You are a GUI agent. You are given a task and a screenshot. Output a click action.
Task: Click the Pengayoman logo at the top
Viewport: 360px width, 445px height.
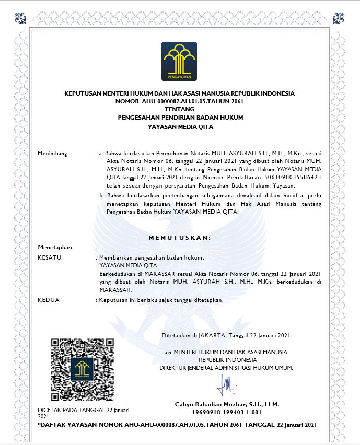click(x=179, y=62)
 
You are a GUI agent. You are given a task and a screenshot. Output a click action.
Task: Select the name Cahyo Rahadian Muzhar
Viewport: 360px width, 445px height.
click(x=227, y=404)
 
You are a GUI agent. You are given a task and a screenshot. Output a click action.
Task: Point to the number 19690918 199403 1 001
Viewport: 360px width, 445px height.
click(x=227, y=412)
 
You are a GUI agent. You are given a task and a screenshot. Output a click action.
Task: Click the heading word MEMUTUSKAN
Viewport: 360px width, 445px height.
click(x=179, y=238)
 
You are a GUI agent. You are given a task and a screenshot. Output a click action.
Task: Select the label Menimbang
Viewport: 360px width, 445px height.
click(x=53, y=153)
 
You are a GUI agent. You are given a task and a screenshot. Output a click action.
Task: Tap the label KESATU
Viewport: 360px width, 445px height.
click(x=50, y=257)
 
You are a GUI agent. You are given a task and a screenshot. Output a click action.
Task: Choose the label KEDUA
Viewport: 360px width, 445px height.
click(x=49, y=300)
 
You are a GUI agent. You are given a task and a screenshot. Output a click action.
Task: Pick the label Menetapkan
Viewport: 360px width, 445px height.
click(x=55, y=247)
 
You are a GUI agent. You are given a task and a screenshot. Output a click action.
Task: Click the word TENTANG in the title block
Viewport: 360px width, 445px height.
click(x=179, y=109)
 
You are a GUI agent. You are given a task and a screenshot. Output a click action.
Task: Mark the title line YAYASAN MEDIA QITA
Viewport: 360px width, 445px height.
click(x=180, y=126)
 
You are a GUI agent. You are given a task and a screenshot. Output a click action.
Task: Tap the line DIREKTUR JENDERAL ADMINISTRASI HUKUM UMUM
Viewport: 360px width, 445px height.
click(x=226, y=368)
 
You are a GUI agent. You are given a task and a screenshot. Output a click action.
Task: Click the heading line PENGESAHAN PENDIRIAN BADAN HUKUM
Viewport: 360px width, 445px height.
click(x=180, y=118)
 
